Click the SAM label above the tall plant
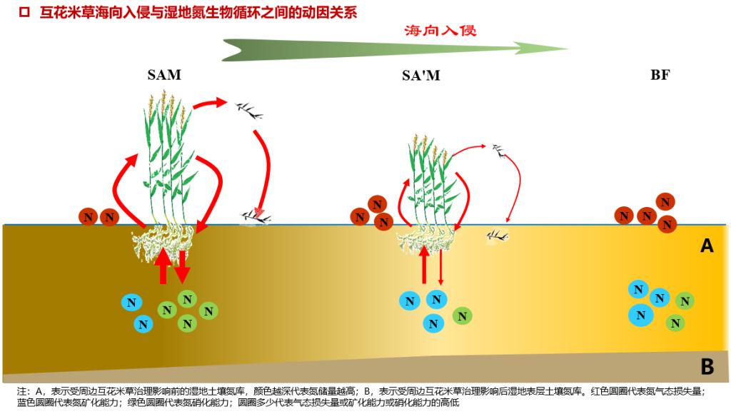coord(164,75)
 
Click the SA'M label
coord(420,75)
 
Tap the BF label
coord(660,74)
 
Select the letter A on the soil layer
coord(707,246)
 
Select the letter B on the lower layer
coord(707,367)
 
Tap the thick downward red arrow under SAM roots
coord(183,266)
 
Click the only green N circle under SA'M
coord(462,315)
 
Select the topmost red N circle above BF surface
coord(666,201)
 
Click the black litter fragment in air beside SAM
coord(247,109)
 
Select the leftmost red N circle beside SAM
coord(88,217)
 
